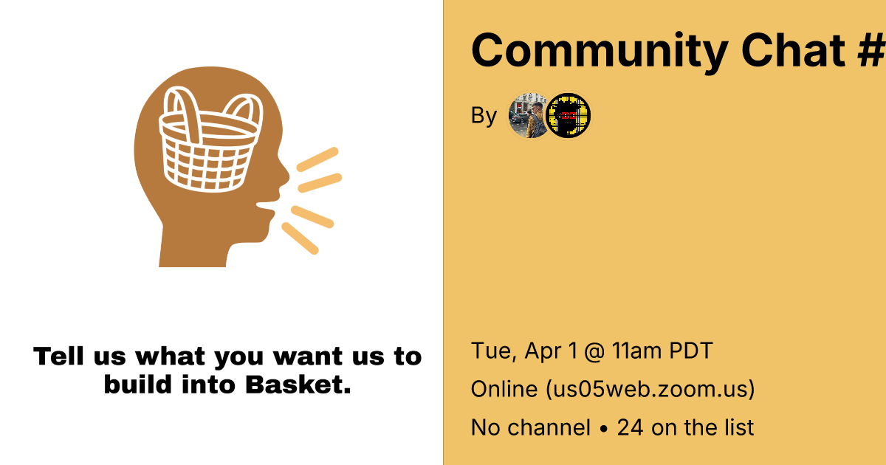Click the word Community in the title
(x=600, y=52)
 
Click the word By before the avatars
(x=484, y=117)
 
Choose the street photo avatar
(x=529, y=115)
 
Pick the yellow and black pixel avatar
(x=568, y=115)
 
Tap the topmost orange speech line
(x=317, y=159)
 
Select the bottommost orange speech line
(x=300, y=238)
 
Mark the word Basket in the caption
(x=298, y=385)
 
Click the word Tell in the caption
(x=58, y=356)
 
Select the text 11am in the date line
(x=636, y=351)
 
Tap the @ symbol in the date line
(x=594, y=351)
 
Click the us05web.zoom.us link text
(x=650, y=389)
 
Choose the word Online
(x=504, y=389)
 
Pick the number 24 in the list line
(x=630, y=427)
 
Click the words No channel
(x=531, y=427)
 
